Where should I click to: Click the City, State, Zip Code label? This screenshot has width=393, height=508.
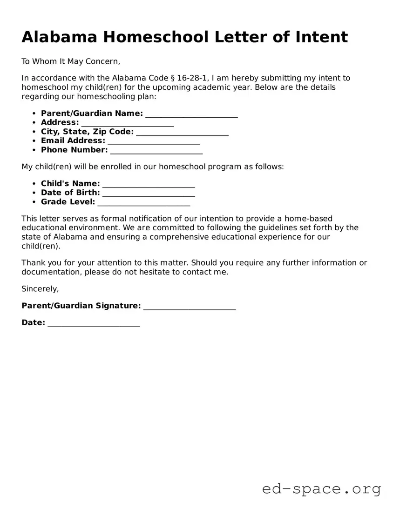coord(87,132)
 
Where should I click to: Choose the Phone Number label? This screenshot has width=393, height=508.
coord(74,150)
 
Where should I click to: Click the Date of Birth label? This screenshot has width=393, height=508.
coord(70,193)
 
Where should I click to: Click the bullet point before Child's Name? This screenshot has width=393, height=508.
coord(34,184)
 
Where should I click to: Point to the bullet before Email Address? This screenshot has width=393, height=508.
coord(34,141)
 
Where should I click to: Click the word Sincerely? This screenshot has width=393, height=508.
coord(40,289)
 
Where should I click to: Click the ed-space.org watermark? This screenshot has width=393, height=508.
coord(321,489)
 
